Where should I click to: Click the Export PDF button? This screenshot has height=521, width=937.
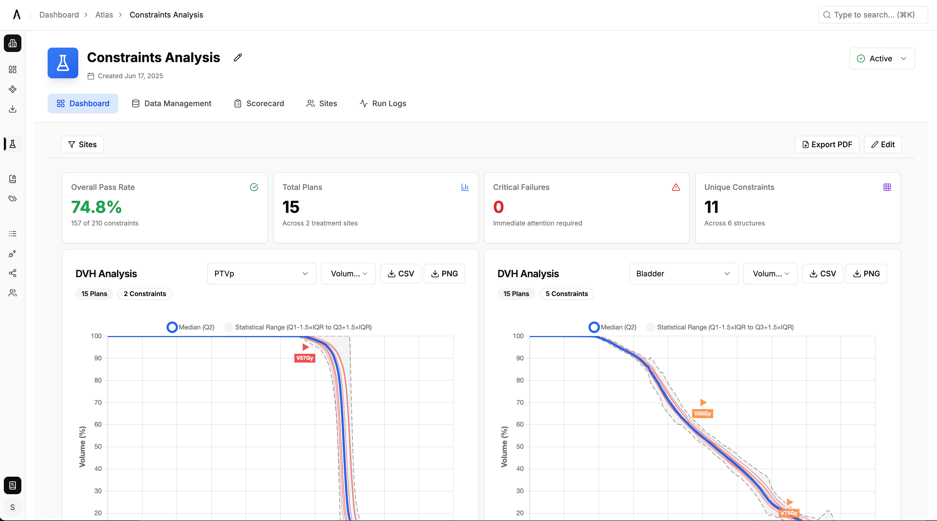827,144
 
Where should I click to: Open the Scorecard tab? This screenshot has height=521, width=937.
259,103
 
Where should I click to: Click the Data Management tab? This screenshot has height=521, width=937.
171,103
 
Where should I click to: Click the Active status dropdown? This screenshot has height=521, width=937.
882,59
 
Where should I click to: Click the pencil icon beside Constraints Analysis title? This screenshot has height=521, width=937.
238,57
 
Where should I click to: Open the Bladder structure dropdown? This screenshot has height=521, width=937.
683,274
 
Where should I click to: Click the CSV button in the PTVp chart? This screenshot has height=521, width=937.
400,274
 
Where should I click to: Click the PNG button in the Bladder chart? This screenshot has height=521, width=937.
866,274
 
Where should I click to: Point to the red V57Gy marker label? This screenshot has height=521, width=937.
305,358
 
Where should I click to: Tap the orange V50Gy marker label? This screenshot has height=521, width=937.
702,413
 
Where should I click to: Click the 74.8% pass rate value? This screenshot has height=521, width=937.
96,207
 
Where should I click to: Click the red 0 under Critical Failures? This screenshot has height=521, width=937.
498,207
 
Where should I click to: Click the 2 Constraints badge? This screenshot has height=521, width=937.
145,294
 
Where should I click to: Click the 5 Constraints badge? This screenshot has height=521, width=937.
566,294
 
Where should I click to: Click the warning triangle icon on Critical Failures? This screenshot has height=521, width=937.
675,187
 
